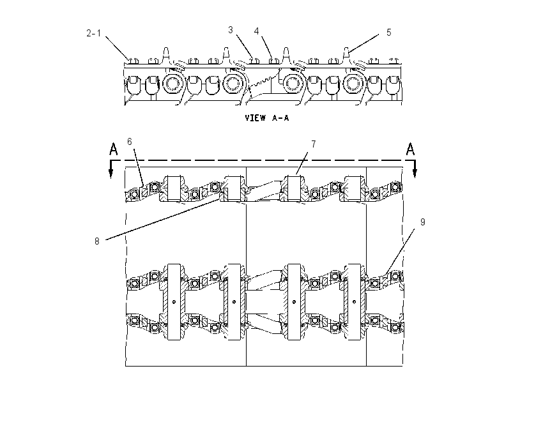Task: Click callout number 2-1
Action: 93,33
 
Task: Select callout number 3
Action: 230,30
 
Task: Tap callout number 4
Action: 256,31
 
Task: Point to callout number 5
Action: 388,32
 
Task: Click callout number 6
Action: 130,142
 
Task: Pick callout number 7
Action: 314,144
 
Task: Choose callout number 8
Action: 97,241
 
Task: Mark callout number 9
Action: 422,222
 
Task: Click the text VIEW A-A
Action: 266,118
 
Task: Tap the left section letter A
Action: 113,149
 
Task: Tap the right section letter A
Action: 410,149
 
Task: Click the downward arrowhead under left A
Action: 111,174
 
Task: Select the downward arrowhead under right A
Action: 415,174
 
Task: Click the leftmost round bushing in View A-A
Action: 171,84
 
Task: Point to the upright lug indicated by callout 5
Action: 347,55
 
